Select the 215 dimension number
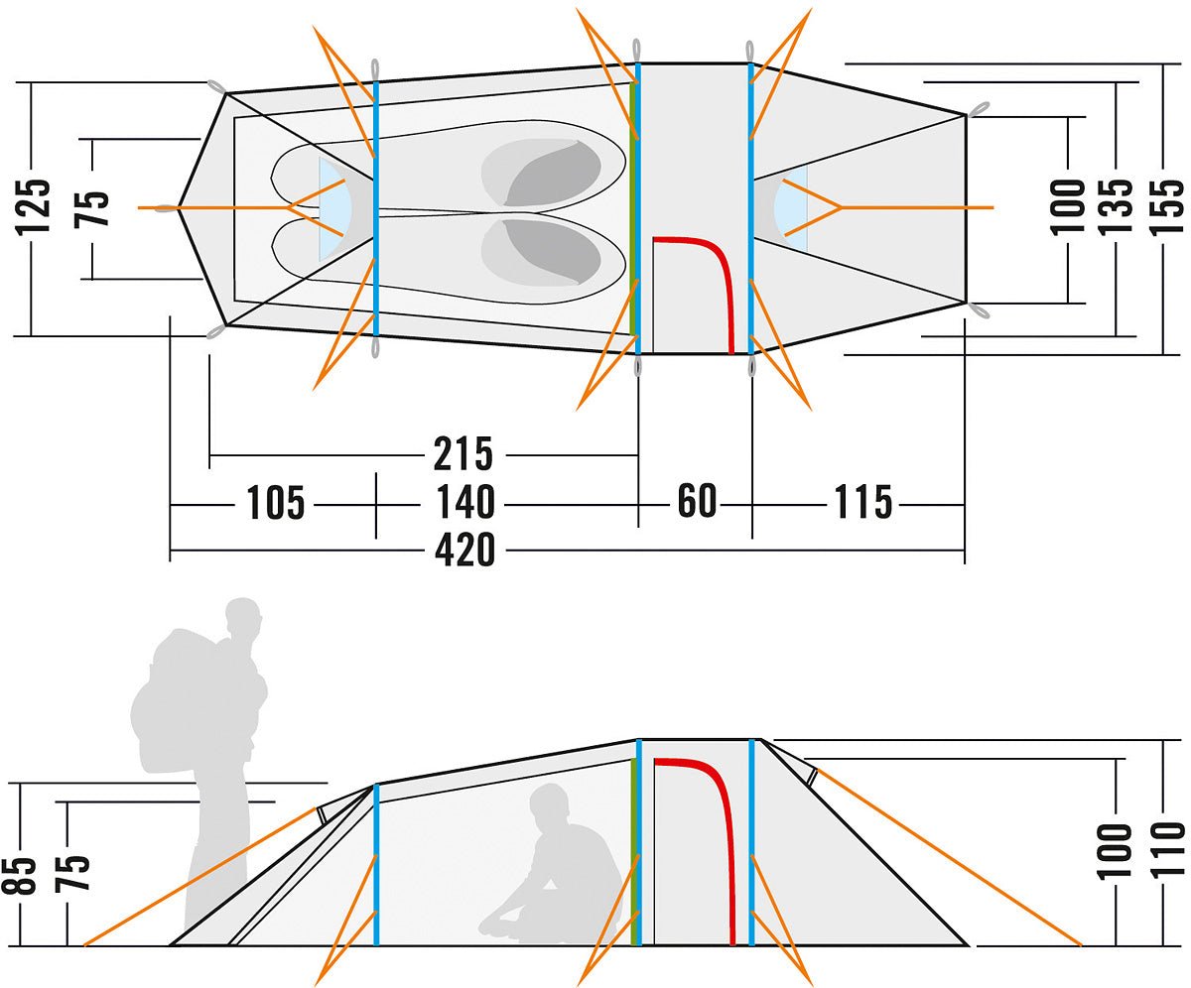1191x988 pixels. point(463,454)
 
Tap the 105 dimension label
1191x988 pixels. point(275,503)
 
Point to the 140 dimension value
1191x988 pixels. point(464,503)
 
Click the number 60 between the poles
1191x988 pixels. point(697,502)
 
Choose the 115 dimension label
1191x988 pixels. point(862,503)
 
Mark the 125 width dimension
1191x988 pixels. point(35,207)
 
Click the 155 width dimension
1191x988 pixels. point(1167,207)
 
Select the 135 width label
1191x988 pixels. point(1118,207)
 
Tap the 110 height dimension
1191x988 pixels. point(1167,850)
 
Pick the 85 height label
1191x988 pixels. point(27,872)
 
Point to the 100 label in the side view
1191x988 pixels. point(1117,850)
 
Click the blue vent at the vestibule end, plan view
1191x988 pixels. point(791,208)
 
